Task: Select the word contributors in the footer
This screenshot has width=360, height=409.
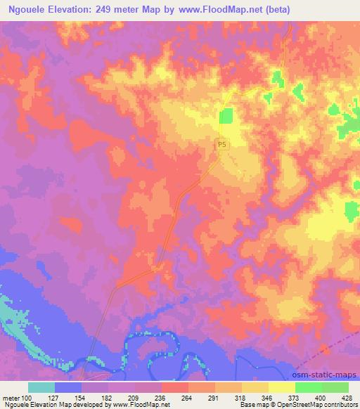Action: [340, 405]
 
